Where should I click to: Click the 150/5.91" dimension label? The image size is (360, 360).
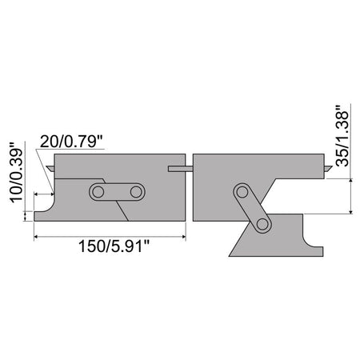click(114, 246)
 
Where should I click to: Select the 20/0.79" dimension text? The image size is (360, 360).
click(71, 142)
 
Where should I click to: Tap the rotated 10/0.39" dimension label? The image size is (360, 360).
click(16, 173)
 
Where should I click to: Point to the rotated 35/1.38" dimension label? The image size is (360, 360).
click(342, 136)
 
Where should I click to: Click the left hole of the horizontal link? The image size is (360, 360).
click(98, 192)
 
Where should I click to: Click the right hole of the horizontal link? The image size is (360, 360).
click(136, 192)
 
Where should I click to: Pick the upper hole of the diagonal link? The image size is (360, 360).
click(242, 192)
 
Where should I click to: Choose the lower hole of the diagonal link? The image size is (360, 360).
click(263, 224)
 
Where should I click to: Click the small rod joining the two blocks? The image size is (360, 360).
click(181, 169)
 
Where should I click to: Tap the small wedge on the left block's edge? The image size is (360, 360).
click(50, 168)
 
